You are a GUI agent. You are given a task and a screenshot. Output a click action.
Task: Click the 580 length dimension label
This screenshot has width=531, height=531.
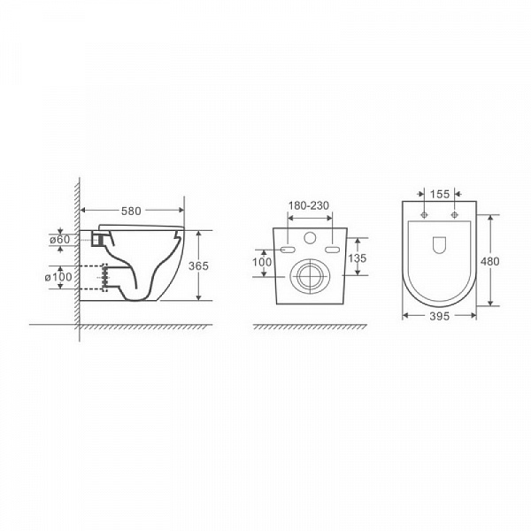tap(131, 211)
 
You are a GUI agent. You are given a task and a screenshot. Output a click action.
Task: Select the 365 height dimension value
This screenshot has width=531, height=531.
tap(198, 265)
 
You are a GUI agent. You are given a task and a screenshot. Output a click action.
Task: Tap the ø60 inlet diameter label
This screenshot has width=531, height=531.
tap(60, 240)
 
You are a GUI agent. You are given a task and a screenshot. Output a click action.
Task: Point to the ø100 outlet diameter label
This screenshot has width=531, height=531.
tap(58, 277)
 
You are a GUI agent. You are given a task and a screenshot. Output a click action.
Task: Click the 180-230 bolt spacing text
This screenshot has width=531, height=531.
tap(309, 205)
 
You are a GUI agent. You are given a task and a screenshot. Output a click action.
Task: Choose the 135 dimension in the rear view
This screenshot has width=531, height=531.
tap(358, 258)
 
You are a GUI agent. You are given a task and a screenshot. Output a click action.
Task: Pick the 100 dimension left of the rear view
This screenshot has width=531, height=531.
tap(262, 262)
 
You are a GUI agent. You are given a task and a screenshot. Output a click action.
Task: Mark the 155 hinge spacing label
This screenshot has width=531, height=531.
tap(440, 194)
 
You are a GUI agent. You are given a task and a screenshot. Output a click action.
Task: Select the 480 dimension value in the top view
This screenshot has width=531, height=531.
tap(489, 261)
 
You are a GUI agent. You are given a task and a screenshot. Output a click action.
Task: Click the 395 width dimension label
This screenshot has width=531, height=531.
tap(440, 316)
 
